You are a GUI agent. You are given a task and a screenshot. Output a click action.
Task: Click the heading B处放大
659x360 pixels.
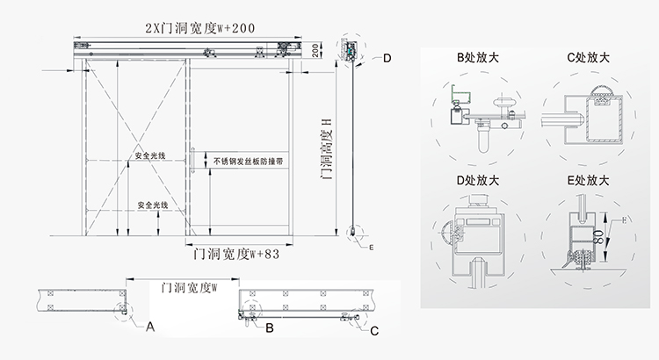[478, 59]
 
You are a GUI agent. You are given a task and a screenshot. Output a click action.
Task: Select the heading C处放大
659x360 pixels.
[589, 59]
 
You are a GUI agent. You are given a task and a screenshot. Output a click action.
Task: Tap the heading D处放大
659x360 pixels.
[478, 181]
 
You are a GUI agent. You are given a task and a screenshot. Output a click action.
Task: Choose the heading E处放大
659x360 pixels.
[589, 181]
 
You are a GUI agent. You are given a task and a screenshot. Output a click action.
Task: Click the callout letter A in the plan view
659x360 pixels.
[150, 328]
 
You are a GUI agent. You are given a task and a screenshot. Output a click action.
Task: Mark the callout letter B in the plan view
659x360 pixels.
[271, 328]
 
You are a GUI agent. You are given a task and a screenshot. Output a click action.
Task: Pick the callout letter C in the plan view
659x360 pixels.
[375, 331]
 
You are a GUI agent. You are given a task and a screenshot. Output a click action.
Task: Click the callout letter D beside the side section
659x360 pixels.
[387, 58]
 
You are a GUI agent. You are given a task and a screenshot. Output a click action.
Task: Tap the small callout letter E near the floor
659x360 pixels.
[372, 248]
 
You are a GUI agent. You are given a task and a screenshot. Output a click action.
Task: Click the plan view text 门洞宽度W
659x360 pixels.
[184, 286]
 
